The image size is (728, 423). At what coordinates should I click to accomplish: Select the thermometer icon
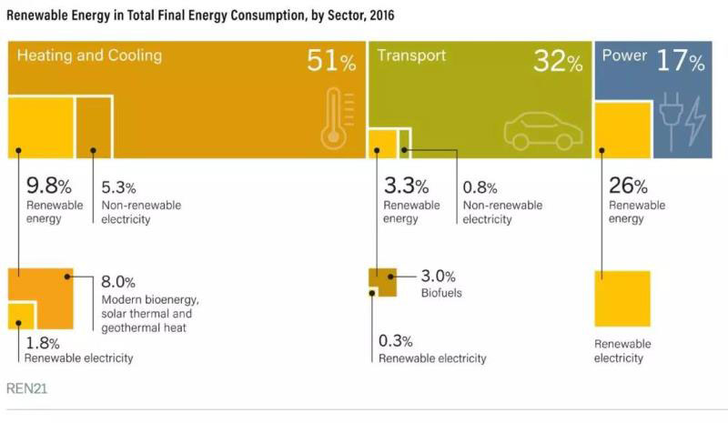coord(335,118)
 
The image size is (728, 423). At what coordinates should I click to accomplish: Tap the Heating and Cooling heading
coord(89,55)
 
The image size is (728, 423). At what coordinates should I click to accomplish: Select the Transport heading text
coord(411,55)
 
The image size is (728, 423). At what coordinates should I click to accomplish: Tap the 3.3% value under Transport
coord(405,187)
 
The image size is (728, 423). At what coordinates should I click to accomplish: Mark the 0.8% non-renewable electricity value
coord(480,188)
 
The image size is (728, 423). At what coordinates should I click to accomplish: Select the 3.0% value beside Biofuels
coord(439,277)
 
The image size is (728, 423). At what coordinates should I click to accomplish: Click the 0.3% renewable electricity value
coord(395,341)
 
